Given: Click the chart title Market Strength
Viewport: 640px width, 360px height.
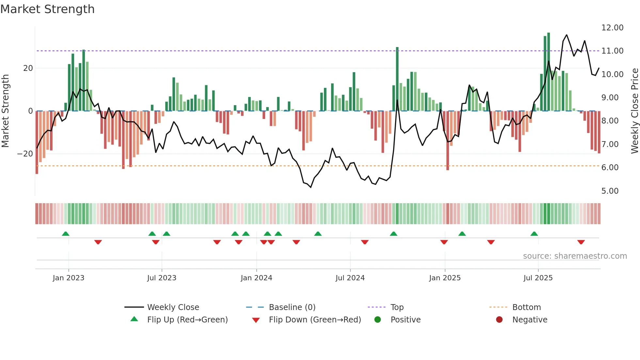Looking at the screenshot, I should (x=47, y=9).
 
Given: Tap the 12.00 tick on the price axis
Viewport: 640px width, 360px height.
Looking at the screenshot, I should (x=612, y=28).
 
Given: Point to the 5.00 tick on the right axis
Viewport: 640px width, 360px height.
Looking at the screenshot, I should (x=610, y=191).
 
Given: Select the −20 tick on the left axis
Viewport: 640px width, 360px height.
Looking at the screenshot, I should (x=25, y=154).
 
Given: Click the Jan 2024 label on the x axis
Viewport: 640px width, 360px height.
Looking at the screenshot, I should (x=256, y=278).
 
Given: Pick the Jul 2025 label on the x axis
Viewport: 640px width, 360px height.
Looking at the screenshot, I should (x=538, y=278).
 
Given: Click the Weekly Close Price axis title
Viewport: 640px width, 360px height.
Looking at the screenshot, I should (x=634, y=111).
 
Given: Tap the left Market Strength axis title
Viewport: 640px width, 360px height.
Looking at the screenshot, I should (x=5, y=111).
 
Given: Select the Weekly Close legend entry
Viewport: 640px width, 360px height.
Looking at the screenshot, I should (x=173, y=307).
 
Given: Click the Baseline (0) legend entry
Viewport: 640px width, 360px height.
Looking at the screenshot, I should (x=292, y=307).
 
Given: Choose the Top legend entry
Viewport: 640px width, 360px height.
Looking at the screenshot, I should (x=397, y=307).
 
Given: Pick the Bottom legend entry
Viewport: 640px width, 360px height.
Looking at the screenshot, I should (x=526, y=307).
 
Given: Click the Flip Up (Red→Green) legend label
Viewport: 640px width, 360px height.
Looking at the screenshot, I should (x=187, y=320).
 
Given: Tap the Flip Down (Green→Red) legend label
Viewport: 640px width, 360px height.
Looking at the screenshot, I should (x=315, y=320).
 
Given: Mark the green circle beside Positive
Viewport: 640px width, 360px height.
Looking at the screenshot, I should (x=377, y=320).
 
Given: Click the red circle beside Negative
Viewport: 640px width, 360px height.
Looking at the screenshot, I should (x=499, y=320).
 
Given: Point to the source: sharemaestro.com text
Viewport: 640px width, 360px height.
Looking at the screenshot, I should (x=575, y=256).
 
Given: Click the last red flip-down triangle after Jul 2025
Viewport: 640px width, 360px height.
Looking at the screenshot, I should (x=581, y=242).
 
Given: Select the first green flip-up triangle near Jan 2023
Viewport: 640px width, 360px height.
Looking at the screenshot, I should (x=66, y=234).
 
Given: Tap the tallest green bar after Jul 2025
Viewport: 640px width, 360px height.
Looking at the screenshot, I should (x=549, y=72).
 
